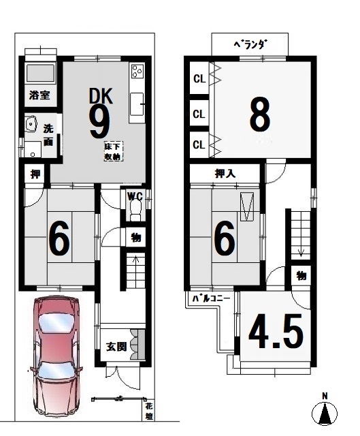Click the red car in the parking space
tap(56, 356)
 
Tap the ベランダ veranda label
tap(250, 44)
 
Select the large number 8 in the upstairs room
tap(260, 114)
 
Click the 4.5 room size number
tap(276, 331)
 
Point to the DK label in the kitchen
tap(101, 96)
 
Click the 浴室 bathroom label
tap(39, 95)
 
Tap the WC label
tap(135, 197)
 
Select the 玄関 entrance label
tap(116, 347)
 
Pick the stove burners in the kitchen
tap(137, 71)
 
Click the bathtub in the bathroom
tap(40, 73)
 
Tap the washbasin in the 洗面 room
tap(31, 123)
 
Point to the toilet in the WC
tap(136, 211)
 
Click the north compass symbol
tap(325, 411)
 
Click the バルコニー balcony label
tap(212, 298)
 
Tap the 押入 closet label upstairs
tap(225, 174)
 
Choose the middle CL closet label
tap(199, 114)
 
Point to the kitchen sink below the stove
tap(137, 104)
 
